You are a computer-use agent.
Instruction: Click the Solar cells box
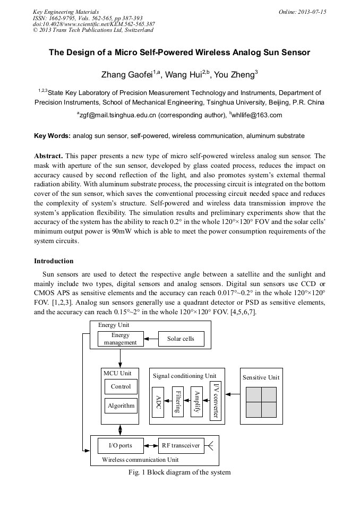pos(181,339)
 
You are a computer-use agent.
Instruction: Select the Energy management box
pos(121,339)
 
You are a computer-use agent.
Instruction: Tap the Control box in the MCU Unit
pos(121,386)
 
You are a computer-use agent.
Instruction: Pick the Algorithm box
pos(121,406)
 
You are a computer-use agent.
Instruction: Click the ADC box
pos(158,402)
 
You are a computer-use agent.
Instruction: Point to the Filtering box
pos(178,402)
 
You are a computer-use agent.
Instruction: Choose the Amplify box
pos(196,402)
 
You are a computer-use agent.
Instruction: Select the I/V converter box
pos(215,401)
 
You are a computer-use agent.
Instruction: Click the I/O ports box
pos(121,445)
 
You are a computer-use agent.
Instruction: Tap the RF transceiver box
pos(181,445)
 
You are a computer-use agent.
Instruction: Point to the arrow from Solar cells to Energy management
pos(151,339)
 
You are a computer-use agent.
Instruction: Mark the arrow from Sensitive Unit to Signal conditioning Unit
pos(233,394)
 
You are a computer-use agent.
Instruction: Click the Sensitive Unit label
pos(261,377)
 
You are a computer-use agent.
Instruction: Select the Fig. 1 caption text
pos(179,472)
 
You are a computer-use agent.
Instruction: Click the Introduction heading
pos(54,261)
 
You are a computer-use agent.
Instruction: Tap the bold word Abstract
pos(48,156)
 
